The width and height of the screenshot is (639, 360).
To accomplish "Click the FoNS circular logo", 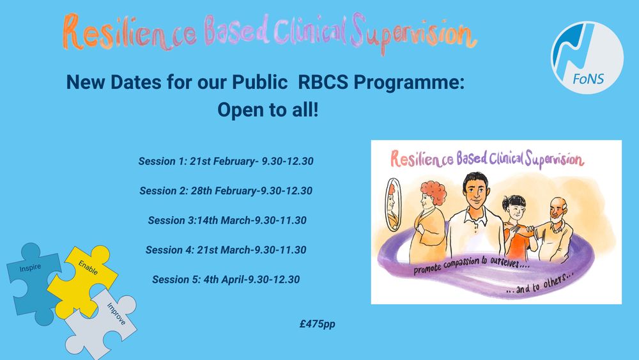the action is [587, 58].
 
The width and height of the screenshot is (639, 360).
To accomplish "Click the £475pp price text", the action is [318, 324].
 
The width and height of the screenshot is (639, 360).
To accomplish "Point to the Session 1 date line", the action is [226, 161].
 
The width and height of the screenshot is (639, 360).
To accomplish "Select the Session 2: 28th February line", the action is [226, 191].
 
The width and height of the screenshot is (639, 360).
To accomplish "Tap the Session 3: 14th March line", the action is [227, 221].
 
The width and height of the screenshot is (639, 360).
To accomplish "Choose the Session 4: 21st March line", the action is [226, 250].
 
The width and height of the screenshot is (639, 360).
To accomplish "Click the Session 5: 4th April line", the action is [226, 279].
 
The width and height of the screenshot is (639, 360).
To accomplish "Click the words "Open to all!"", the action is [268, 110].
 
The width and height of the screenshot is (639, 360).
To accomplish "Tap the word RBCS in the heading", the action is [323, 82].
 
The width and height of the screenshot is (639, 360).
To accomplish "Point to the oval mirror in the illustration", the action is [393, 204].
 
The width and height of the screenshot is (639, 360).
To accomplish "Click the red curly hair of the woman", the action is [435, 192].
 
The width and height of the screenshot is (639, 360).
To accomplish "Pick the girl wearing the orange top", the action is [518, 228].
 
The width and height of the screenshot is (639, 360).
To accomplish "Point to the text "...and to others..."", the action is [540, 284].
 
